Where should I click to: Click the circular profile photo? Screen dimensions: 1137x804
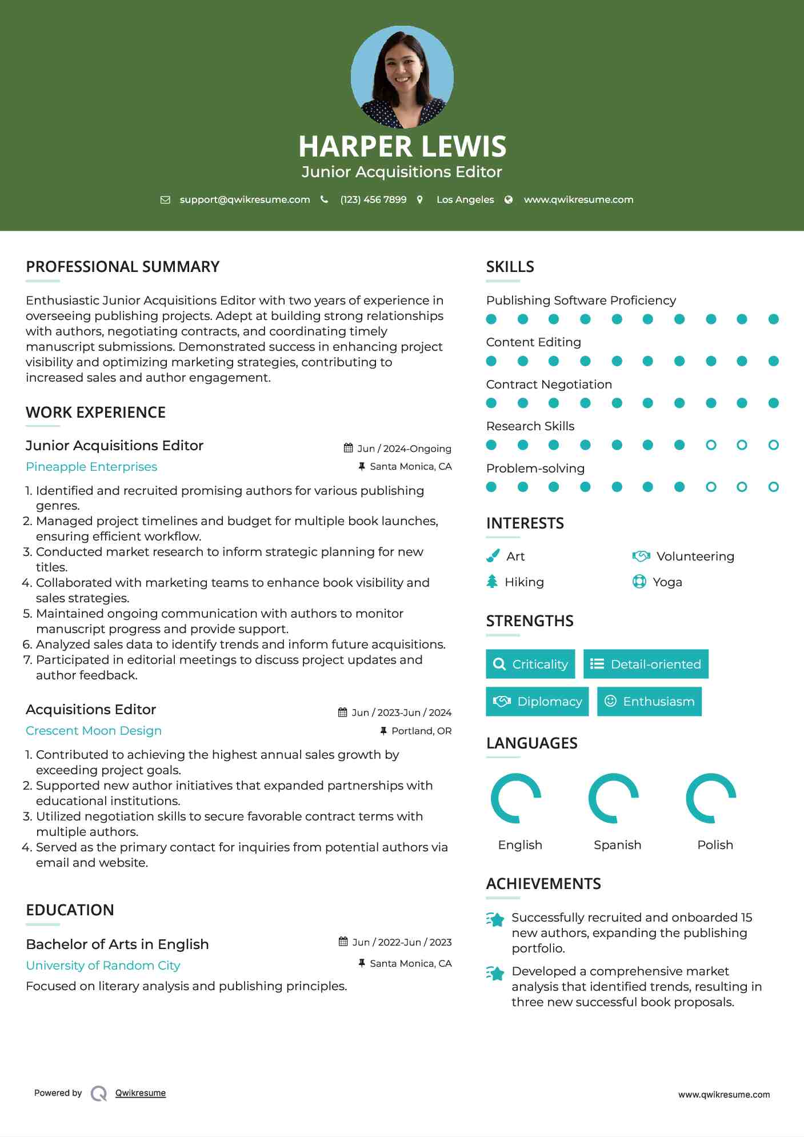[402, 77]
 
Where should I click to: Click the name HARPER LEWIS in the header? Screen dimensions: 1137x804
[402, 146]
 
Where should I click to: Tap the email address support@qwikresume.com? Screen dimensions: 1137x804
[245, 199]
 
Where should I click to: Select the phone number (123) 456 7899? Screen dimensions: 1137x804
[373, 199]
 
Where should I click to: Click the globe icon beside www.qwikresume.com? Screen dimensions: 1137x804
[509, 199]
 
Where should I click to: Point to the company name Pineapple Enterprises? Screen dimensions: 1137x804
[91, 467]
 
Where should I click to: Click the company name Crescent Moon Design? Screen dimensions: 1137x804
[94, 731]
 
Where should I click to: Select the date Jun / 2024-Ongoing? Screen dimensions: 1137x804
[404, 449]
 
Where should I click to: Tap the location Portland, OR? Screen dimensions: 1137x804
[421, 731]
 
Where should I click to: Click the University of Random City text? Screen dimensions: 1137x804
[103, 966]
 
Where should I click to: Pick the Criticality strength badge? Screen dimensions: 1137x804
[530, 664]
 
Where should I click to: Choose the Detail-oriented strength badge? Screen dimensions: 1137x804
[646, 664]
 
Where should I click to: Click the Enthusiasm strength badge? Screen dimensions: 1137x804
[649, 701]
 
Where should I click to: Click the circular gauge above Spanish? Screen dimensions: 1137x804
[614, 798]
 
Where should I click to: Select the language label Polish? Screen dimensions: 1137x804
[715, 844]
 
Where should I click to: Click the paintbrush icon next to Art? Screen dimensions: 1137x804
[493, 556]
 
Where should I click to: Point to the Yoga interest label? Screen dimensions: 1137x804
[667, 582]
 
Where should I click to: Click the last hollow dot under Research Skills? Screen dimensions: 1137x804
[773, 445]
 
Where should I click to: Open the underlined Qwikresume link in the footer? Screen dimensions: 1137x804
[141, 1093]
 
